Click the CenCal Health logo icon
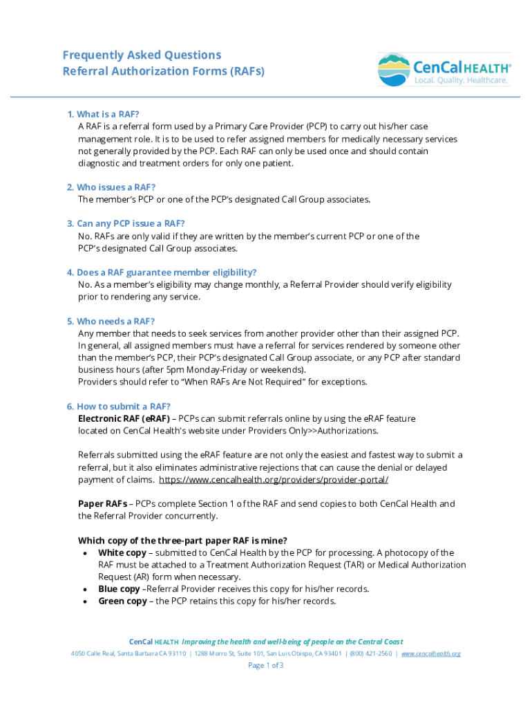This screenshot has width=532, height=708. pyautogui.click(x=394, y=69)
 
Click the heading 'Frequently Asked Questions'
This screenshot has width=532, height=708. pyautogui.click(x=142, y=55)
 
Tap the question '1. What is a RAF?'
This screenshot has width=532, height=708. pyautogui.click(x=103, y=114)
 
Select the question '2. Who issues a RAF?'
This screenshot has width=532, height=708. pyautogui.click(x=111, y=187)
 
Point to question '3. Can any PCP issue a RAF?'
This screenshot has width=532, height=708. pyautogui.click(x=126, y=224)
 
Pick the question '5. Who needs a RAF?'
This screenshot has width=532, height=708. pyautogui.click(x=111, y=322)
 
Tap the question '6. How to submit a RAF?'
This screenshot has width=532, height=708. pyautogui.click(x=118, y=407)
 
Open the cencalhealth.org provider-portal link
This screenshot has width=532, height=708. pyautogui.click(x=274, y=480)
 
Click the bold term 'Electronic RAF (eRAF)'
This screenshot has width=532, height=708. pyautogui.click(x=124, y=419)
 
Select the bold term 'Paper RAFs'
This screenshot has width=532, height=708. pyautogui.click(x=102, y=504)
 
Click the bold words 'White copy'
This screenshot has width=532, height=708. pyautogui.click(x=122, y=553)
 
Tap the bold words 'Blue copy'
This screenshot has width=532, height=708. pyautogui.click(x=119, y=589)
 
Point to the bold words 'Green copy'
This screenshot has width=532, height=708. pyautogui.click(x=122, y=602)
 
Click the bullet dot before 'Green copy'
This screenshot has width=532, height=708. pyautogui.click(x=84, y=602)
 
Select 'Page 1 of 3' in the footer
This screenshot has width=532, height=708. pyautogui.click(x=266, y=666)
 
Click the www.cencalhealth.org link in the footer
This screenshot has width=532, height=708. pyautogui.click(x=430, y=653)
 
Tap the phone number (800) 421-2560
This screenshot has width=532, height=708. pyautogui.click(x=371, y=653)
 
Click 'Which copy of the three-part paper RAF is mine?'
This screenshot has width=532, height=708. pyautogui.click(x=182, y=541)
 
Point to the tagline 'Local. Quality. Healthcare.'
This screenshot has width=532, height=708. pyautogui.click(x=462, y=81)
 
